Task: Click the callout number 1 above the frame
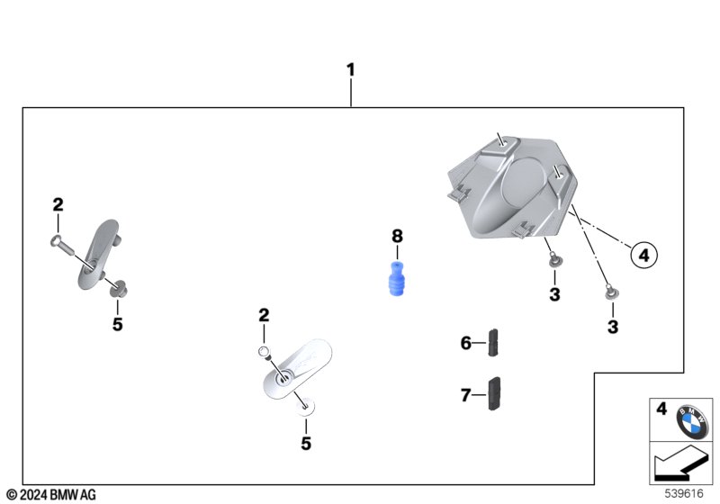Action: pyautogui.click(x=351, y=69)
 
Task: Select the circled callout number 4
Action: pyautogui.click(x=643, y=256)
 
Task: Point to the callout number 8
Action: pyautogui.click(x=397, y=236)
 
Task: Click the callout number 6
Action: pyautogui.click(x=466, y=342)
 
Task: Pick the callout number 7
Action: pyautogui.click(x=466, y=394)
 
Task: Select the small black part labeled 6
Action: pyautogui.click(x=493, y=342)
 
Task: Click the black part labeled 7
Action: pyautogui.click(x=494, y=393)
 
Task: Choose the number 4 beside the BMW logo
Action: pyautogui.click(x=661, y=409)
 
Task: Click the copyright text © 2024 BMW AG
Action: pyautogui.click(x=50, y=494)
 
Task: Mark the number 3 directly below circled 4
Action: pyautogui.click(x=613, y=328)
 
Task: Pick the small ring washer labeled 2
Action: pyautogui.click(x=265, y=349)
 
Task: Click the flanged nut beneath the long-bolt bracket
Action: pyautogui.click(x=116, y=288)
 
